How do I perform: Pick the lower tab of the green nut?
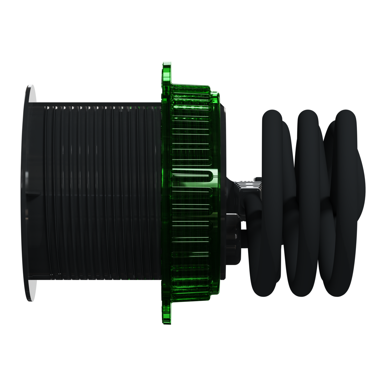tap(166, 314)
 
